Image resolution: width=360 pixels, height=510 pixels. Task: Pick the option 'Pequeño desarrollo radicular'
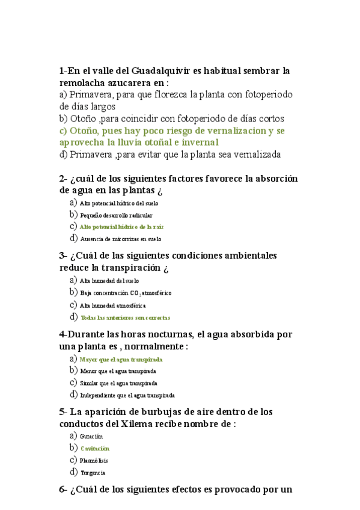116,215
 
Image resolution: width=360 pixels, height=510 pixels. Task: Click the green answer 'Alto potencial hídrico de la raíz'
121,227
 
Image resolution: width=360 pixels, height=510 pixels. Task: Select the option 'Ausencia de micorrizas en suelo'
120,239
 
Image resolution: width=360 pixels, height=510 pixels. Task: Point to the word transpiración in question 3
122,267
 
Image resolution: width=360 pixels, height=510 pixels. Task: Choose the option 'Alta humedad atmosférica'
113,306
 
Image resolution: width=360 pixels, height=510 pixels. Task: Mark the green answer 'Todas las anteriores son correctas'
125,318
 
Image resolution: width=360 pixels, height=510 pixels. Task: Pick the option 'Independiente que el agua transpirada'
127,395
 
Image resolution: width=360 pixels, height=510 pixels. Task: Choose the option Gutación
91,436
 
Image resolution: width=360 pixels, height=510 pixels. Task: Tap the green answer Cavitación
95,449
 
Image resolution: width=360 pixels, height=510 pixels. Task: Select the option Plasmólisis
94,461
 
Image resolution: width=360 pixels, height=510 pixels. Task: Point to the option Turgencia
93,473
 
